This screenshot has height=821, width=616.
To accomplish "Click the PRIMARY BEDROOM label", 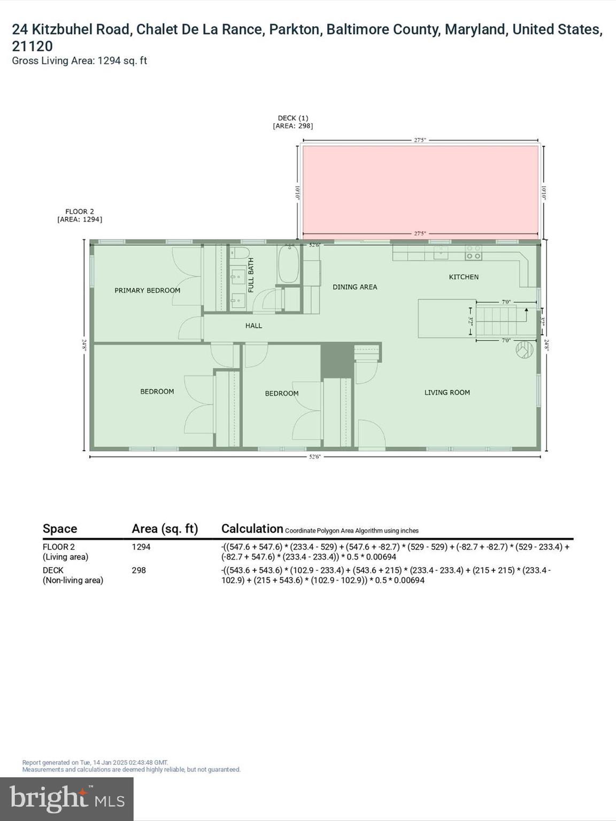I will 147,290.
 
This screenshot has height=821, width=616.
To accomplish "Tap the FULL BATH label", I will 251,275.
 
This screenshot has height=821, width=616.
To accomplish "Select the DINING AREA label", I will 355,287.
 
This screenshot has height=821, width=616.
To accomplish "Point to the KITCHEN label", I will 464,277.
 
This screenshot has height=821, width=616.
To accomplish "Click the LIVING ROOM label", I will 447,392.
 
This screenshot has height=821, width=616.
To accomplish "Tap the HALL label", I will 253,326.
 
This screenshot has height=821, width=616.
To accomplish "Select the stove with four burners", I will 473,252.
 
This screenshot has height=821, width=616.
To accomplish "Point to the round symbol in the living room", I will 525,350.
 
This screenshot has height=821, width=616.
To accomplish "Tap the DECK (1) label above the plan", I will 292,118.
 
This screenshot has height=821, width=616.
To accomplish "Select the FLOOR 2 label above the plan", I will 80,212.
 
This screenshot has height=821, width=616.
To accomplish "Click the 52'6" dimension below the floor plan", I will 314,457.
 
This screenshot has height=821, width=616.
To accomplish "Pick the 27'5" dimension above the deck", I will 420,140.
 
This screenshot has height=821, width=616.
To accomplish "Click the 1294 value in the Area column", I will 141,547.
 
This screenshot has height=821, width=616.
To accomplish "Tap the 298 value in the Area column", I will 138,570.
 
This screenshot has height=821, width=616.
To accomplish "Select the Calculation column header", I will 252,529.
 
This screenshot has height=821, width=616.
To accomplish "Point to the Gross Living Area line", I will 79,60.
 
